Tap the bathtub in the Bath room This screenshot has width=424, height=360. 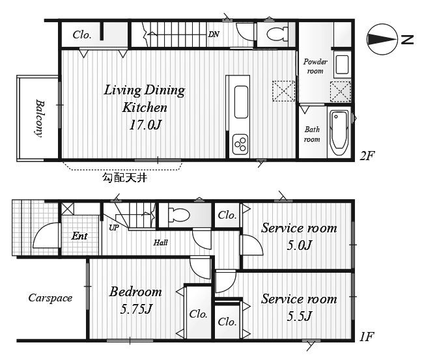(x=339, y=132)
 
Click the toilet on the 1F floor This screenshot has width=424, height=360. (x=178, y=215)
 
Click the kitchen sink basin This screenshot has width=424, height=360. (x=241, y=102)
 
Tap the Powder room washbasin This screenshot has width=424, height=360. (x=342, y=65)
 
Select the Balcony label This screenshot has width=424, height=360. (x=40, y=118)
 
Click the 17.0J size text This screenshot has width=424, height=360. (x=145, y=125)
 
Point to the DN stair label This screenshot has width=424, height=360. (x=214, y=35)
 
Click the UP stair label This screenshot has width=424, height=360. (x=113, y=228)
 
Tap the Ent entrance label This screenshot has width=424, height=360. (x=79, y=236)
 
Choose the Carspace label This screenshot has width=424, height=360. (x=50, y=298)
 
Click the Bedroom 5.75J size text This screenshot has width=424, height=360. (x=136, y=309)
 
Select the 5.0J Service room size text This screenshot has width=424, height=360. (x=300, y=245)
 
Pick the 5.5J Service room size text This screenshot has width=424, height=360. (x=300, y=316)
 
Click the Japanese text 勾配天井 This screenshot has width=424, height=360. (x=124, y=178)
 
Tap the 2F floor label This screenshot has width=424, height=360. (x=367, y=156)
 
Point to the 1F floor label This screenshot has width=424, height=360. (x=367, y=337)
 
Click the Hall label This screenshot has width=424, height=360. (x=161, y=243)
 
